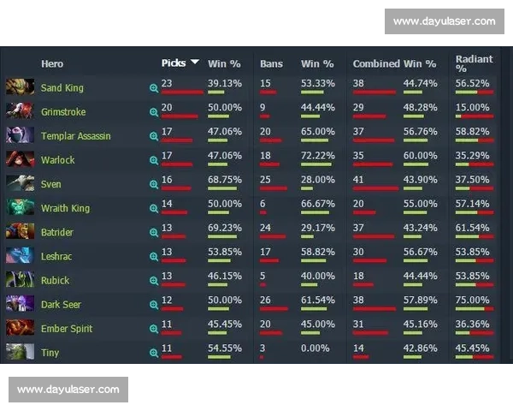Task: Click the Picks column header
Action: (x=174, y=63)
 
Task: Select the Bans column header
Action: (x=271, y=63)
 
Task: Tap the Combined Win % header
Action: (x=394, y=63)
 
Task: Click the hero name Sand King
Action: (x=62, y=88)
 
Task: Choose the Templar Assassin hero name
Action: (x=76, y=136)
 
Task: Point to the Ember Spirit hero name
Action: (x=67, y=329)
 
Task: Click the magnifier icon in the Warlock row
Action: (x=154, y=160)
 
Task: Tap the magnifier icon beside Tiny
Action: (x=154, y=353)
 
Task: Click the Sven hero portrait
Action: (x=20, y=183)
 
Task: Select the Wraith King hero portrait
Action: (x=20, y=207)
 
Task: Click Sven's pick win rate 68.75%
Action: (x=225, y=180)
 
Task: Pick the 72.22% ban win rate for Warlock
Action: (x=318, y=156)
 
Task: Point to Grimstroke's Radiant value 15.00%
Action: (x=473, y=108)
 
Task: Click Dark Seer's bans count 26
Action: (x=265, y=300)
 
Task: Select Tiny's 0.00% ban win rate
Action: (x=315, y=348)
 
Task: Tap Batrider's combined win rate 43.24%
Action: (x=420, y=228)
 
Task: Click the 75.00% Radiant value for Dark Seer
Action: (x=473, y=300)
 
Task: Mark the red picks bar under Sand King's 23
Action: (x=182, y=92)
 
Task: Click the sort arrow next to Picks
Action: (x=195, y=62)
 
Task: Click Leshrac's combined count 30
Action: (x=358, y=252)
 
